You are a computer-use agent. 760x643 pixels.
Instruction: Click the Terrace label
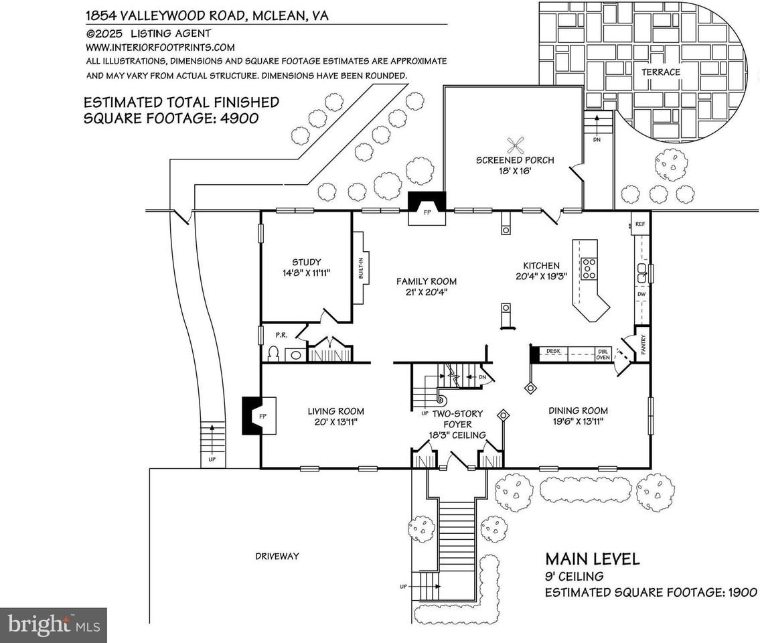pyautogui.click(x=660, y=72)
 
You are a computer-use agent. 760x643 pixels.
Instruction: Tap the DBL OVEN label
pyautogui.click(x=603, y=354)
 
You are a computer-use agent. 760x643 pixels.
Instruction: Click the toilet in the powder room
pyautogui.click(x=273, y=354)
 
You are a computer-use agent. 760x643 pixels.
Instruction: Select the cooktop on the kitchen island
pyautogui.click(x=589, y=268)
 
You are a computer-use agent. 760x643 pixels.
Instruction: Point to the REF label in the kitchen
pyautogui.click(x=639, y=224)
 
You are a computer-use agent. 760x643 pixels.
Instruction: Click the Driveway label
pyautogui.click(x=277, y=556)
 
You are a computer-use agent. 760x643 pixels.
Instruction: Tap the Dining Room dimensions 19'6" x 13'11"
pyautogui.click(x=578, y=422)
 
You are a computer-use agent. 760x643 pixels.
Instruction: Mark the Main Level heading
pyautogui.click(x=592, y=559)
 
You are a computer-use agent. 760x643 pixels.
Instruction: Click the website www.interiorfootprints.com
pyautogui.click(x=160, y=47)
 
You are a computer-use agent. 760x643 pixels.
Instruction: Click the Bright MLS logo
pyautogui.click(x=54, y=625)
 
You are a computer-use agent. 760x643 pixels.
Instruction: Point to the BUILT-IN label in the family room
pyautogui.click(x=360, y=268)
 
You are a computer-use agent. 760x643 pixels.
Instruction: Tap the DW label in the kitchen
pyautogui.click(x=641, y=294)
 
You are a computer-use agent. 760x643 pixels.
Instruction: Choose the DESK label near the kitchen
pyautogui.click(x=553, y=350)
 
